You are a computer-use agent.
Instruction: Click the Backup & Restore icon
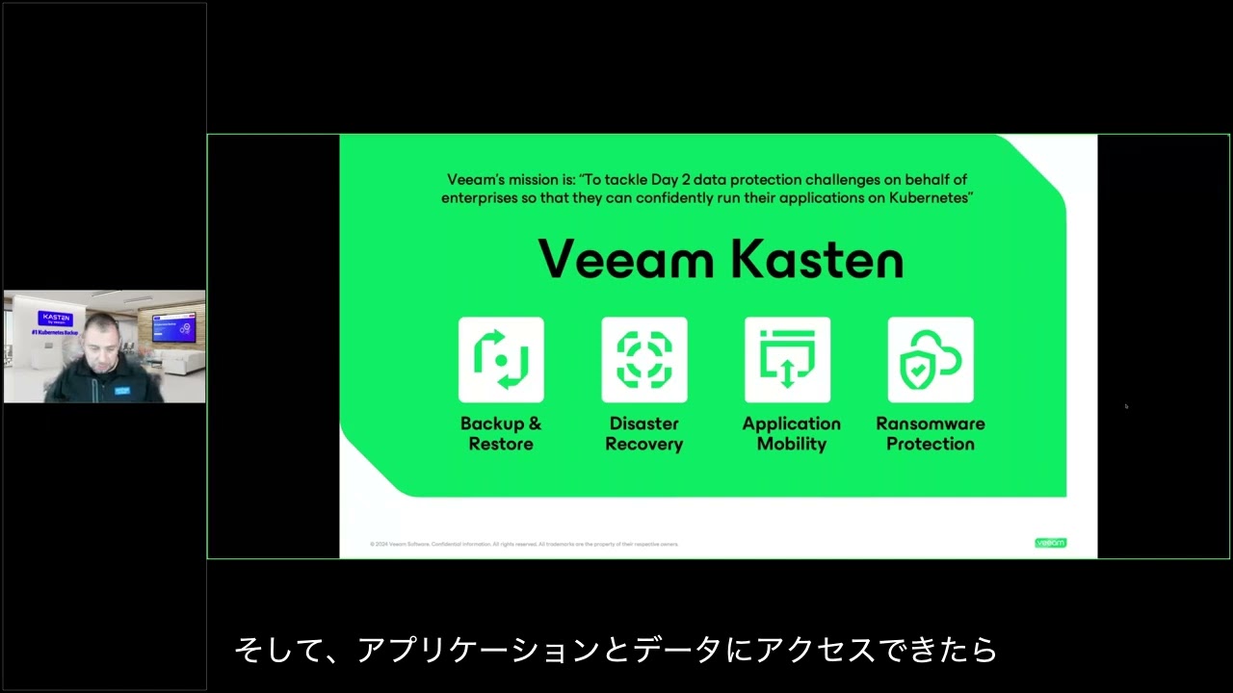(501, 359)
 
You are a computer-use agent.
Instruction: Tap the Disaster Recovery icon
(643, 359)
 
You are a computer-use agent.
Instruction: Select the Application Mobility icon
(787, 359)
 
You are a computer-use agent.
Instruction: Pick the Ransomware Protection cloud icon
(930, 359)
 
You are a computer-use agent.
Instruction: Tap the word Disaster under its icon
(643, 423)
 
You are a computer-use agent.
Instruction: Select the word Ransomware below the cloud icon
(931, 423)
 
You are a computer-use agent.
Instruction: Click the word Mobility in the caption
(791, 444)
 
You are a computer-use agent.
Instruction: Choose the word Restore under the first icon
(501, 444)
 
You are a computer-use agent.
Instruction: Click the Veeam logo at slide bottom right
(1050, 543)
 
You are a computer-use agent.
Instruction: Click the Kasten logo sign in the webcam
(55, 319)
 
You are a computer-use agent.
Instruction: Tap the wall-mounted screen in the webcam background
(173, 327)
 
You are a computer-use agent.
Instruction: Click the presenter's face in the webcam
(98, 346)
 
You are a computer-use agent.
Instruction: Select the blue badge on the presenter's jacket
(121, 391)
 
